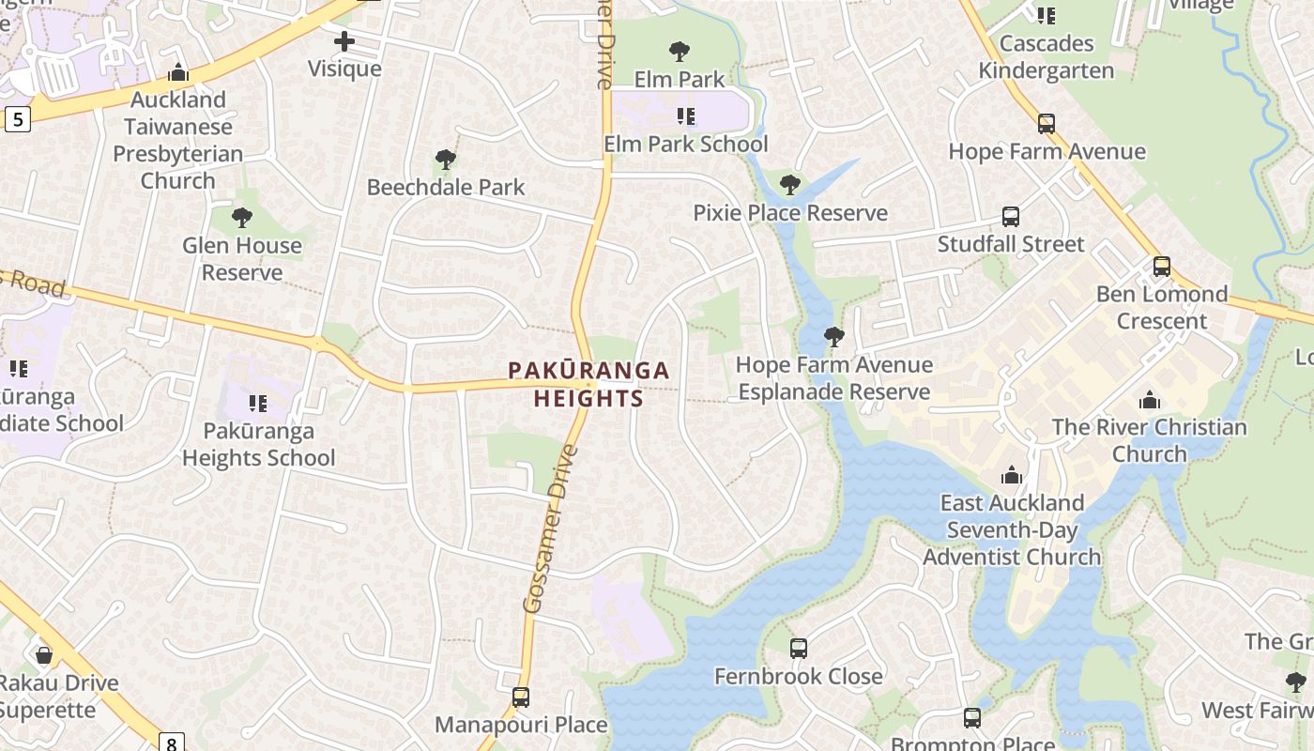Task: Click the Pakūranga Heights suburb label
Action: tap(588, 384)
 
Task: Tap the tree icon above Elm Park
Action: tap(680, 52)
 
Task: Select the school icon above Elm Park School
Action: tap(686, 116)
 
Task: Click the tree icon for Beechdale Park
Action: tap(446, 161)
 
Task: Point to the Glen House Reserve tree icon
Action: tap(242, 219)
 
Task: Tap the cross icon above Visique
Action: tap(344, 41)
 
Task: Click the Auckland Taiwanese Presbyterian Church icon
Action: tap(177, 73)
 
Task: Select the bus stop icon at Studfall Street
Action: tap(1011, 217)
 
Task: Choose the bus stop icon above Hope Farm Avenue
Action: tap(1047, 124)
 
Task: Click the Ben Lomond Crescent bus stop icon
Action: tap(1162, 267)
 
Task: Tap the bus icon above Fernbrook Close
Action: tap(799, 649)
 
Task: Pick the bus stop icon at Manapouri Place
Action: tap(521, 697)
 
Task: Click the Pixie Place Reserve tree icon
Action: tap(790, 185)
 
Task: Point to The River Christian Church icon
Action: tap(1150, 401)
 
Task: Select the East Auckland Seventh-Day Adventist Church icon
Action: tap(1011, 475)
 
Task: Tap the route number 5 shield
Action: tap(17, 119)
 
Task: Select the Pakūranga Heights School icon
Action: tap(258, 404)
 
